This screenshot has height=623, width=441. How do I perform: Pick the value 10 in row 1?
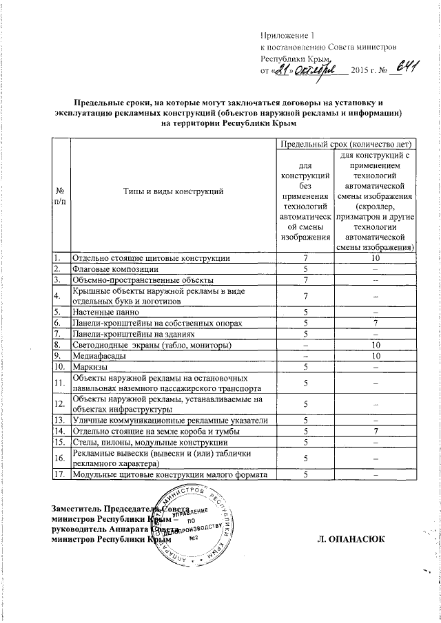click(375, 257)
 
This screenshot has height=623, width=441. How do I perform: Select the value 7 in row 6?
click(375, 322)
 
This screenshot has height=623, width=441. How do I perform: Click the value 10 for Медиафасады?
click(375, 355)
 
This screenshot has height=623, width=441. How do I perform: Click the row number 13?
click(62, 419)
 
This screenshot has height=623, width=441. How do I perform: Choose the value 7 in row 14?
click(375, 430)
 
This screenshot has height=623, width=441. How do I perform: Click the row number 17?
click(62, 474)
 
